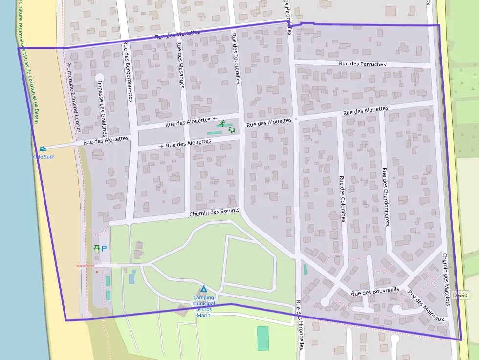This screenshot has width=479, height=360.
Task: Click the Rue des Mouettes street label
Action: pos(177,34)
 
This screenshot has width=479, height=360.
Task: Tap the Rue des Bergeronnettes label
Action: pos(128,71)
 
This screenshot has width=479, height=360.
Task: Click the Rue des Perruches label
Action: pos(362,64)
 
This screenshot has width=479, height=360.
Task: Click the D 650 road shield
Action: pos(460,296)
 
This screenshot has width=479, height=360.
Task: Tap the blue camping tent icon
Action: pos(204,289)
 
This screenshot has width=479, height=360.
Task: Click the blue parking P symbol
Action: pos(104,248)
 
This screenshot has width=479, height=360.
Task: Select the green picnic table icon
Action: pos(97,248)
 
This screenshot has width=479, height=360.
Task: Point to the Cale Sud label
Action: pos(43,157)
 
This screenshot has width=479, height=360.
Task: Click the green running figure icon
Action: pos(222,123)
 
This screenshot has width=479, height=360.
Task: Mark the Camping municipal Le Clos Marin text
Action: pos(203,306)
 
